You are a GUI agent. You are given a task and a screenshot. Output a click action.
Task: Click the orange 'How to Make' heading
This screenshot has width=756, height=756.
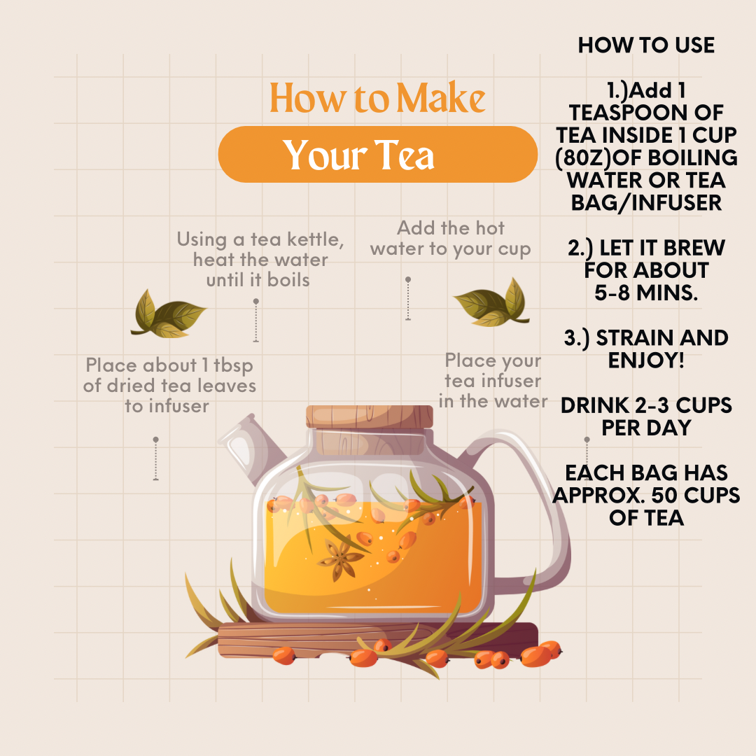[x=377, y=98]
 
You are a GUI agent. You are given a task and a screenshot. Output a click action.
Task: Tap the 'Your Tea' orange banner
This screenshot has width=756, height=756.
[x=377, y=155]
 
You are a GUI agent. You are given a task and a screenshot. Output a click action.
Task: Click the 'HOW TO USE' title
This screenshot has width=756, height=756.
[x=646, y=46]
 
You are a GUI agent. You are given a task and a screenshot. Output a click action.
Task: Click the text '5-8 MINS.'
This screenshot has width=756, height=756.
[x=646, y=293]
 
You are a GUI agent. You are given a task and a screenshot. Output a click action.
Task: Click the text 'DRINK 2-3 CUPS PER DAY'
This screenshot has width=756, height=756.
[x=646, y=416]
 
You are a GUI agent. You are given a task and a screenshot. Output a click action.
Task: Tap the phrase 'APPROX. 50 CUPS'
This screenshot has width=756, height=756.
[x=646, y=496]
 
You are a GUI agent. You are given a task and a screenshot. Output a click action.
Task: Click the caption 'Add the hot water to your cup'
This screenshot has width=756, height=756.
[x=450, y=239]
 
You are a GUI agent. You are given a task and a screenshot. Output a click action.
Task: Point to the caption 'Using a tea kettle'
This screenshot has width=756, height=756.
[x=260, y=239]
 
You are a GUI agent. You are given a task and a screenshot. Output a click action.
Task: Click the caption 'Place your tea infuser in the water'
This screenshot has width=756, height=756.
[x=493, y=381]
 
